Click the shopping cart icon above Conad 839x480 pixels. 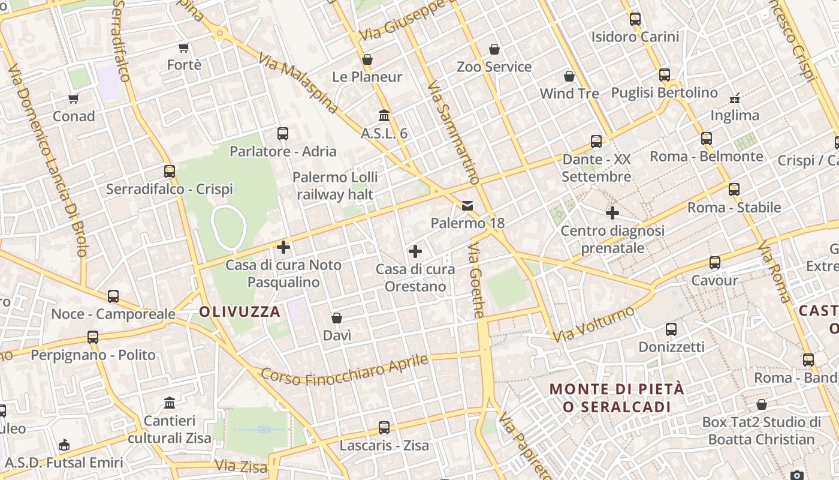[73, 98]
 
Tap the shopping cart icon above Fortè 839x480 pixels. [184, 47]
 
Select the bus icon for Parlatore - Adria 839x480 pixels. [283, 134]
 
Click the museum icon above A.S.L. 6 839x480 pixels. [384, 115]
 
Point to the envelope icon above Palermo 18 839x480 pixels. [467, 206]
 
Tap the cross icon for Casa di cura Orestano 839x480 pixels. [415, 251]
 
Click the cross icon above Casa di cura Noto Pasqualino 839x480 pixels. [283, 247]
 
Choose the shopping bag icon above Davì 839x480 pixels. [337, 317]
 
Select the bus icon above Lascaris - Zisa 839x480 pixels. [384, 428]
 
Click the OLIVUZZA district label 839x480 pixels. [240, 312]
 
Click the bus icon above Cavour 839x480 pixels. [714, 263]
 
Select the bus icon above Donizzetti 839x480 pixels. [671, 329]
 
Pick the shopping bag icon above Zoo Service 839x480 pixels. [494, 49]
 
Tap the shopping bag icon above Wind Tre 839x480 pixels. [569, 76]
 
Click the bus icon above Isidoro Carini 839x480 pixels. [635, 19]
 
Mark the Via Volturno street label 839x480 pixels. [593, 325]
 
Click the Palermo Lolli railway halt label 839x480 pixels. [336, 185]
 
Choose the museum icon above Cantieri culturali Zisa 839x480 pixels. [170, 403]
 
